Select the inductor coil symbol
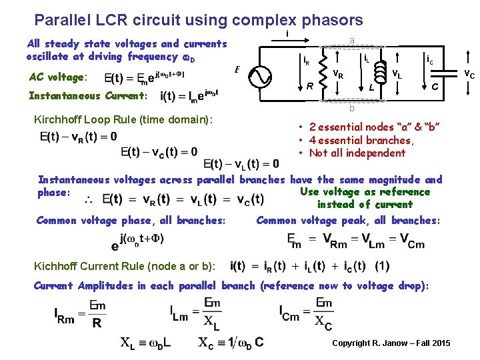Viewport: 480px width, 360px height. point(381,70)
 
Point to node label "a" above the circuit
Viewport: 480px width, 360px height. point(351,41)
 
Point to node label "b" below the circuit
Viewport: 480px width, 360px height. point(351,109)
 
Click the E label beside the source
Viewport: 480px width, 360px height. point(237,69)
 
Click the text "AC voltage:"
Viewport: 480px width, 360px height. point(56,77)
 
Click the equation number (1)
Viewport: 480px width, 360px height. point(382,265)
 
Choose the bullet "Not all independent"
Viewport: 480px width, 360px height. point(356,153)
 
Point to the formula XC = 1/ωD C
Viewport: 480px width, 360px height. point(231,343)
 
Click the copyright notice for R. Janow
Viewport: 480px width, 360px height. point(391,343)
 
